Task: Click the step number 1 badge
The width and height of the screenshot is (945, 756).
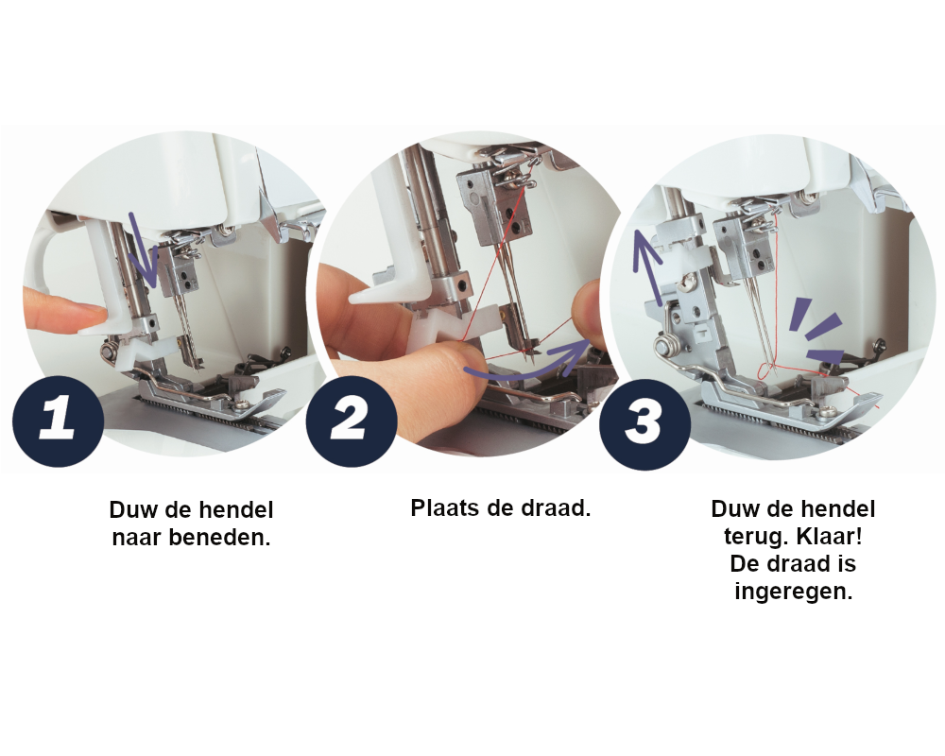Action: (58, 421)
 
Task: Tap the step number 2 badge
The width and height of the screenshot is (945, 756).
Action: (352, 421)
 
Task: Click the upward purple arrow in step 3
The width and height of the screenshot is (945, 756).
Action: (649, 266)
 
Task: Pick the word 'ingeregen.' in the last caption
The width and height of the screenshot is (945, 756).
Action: (793, 591)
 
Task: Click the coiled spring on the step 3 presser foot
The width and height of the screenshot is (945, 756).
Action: (664, 348)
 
